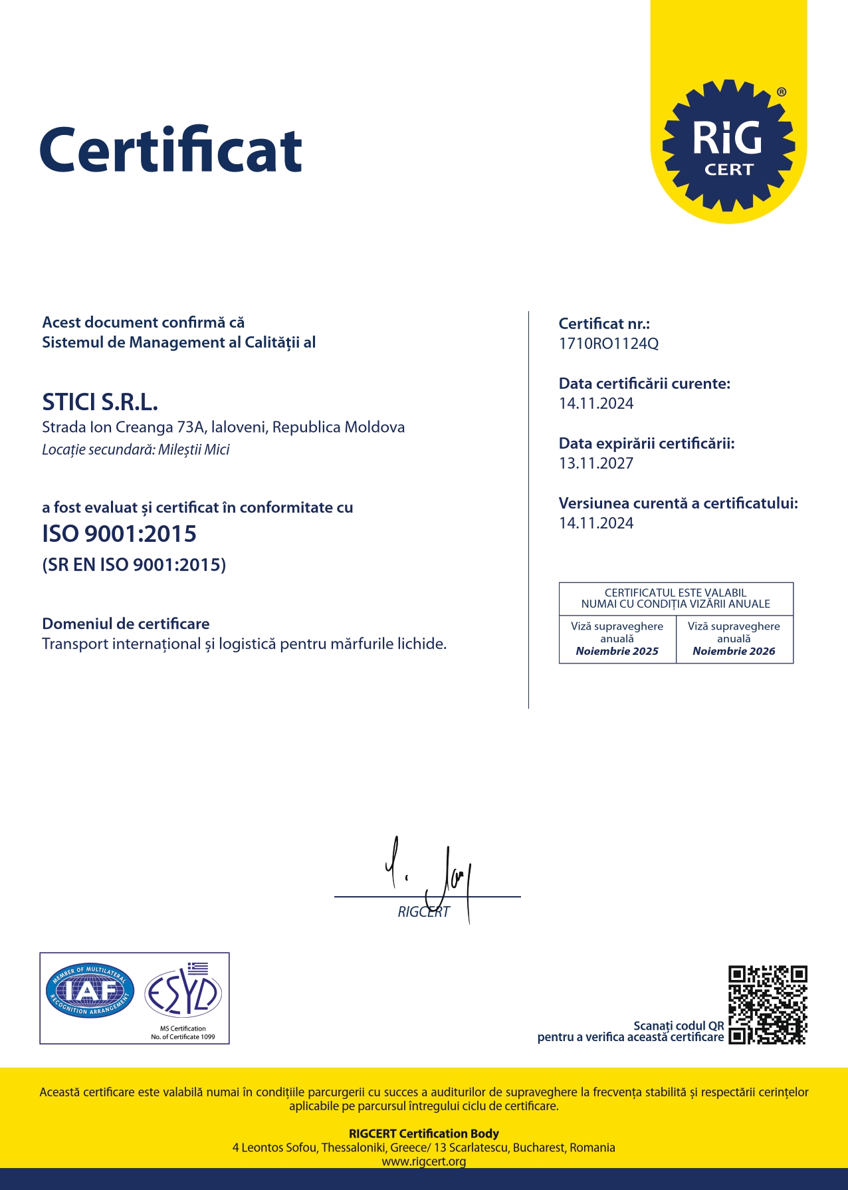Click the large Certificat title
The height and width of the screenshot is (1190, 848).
171,150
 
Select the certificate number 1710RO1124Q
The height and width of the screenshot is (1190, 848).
608,344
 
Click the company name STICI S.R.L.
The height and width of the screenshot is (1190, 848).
100,402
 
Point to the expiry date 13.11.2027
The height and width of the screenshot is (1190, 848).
596,463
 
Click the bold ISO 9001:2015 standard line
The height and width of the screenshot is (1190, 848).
119,534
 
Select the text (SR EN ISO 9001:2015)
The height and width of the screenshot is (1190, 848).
134,565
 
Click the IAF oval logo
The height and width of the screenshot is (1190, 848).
90,991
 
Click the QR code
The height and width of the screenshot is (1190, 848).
768,1005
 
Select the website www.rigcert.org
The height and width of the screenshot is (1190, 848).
423,1161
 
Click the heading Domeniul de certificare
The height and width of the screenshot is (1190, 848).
126,624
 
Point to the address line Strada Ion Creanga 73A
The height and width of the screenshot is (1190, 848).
223,427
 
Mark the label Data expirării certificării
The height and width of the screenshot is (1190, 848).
646,443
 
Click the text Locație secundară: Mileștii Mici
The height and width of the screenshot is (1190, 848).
136,449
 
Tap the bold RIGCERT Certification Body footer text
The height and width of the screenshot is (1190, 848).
423,1133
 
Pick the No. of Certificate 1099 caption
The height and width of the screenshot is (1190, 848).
183,1036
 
